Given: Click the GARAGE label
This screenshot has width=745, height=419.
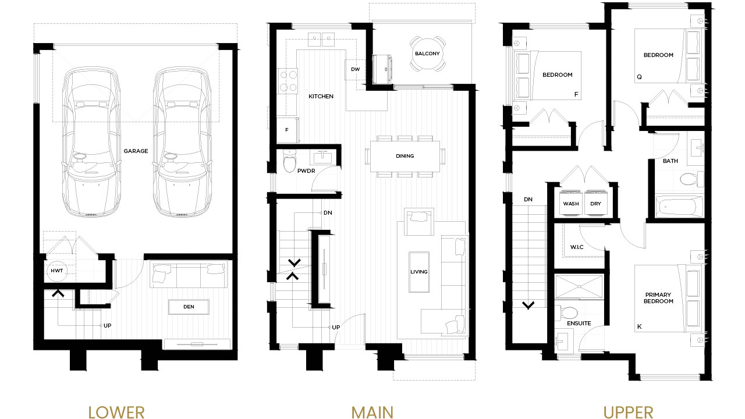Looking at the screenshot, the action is click(x=136, y=151).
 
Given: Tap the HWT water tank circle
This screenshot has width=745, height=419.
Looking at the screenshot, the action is click(x=57, y=271).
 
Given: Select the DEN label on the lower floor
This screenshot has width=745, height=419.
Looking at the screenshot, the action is click(x=189, y=307).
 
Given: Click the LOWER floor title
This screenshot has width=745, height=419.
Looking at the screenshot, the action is click(x=116, y=413).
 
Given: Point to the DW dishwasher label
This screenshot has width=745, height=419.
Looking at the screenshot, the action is click(x=355, y=69).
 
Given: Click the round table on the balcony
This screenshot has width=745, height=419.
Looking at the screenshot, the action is click(x=427, y=54).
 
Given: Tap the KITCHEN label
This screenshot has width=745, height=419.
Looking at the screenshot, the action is click(x=321, y=97).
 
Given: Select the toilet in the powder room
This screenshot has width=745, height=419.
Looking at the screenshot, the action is click(x=290, y=161).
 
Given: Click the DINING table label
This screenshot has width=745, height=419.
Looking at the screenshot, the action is click(x=405, y=156).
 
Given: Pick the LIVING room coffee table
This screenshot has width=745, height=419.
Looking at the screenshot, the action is click(x=419, y=272).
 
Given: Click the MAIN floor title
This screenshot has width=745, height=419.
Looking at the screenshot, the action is click(x=372, y=413).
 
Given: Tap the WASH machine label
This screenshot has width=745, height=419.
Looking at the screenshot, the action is click(x=571, y=204).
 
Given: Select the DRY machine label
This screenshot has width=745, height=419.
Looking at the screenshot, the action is click(x=595, y=204).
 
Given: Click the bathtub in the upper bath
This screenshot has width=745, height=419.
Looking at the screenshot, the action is click(x=679, y=207).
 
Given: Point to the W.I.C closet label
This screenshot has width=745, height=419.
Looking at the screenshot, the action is click(x=577, y=247).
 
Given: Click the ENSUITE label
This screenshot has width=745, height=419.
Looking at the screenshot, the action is click(x=579, y=323).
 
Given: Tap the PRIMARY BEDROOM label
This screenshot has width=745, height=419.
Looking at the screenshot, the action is click(x=658, y=298).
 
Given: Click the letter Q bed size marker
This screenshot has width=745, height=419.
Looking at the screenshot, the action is click(x=639, y=77).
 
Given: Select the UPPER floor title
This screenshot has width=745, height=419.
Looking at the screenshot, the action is click(x=628, y=413).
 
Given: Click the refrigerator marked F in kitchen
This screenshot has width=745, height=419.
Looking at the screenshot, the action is click(x=288, y=130).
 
